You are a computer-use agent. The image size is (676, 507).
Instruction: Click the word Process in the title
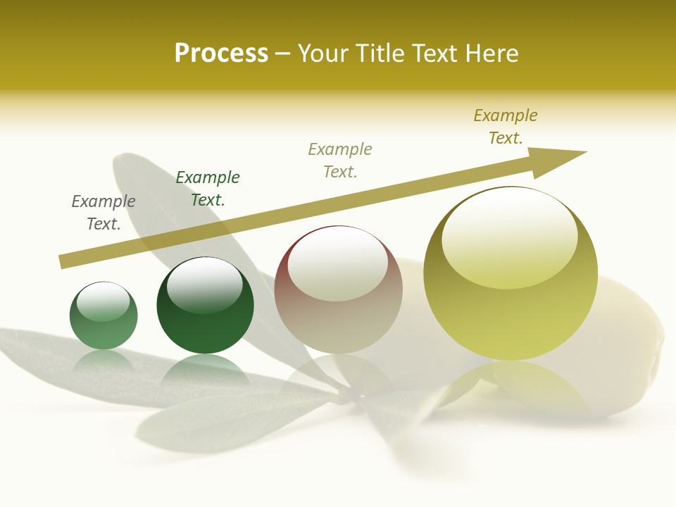pos(221,54)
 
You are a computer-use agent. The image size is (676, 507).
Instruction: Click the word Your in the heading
pos(323,54)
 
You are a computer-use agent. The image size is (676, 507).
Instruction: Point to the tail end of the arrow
pos(63,261)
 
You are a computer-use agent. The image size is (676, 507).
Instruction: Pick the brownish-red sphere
pos(338,310)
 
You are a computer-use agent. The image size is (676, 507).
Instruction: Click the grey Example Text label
pos(104,213)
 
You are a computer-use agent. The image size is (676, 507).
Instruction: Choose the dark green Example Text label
pos(208,189)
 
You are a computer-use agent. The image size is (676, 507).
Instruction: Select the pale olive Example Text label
pos(340,161)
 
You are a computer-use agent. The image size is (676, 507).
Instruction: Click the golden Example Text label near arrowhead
pos(506,127)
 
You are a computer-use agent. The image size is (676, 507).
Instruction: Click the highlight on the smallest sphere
pos(103,301)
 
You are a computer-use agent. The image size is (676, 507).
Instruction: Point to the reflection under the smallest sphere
pos(104,361)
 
